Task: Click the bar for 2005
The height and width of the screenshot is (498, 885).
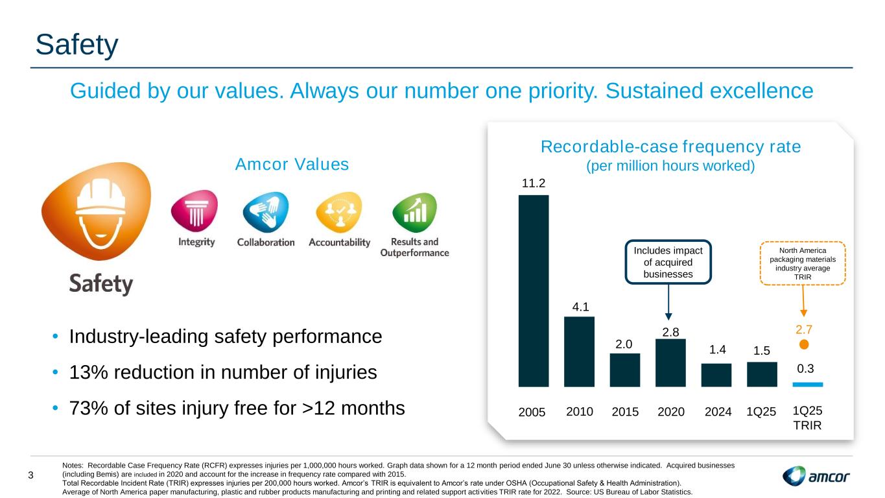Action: [534, 290]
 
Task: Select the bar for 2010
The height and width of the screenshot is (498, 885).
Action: [579, 351]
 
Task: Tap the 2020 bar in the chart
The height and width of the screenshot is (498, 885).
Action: [670, 362]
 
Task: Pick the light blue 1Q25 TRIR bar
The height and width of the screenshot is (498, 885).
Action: [808, 384]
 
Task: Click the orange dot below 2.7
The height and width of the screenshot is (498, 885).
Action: [803, 345]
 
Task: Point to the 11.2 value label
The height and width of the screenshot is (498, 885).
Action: [534, 183]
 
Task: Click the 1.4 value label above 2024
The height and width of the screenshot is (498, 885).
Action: [717, 350]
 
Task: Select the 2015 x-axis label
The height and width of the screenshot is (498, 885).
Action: [625, 412]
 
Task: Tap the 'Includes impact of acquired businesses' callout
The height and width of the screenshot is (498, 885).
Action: [668, 262]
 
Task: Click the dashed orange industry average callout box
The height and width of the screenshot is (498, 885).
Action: [803, 263]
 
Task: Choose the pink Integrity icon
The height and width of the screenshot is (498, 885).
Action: [195, 211]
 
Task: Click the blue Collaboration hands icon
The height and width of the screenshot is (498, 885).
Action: [266, 212]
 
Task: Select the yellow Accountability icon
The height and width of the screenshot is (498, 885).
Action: [339, 212]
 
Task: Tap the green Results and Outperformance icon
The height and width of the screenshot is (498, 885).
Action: [414, 212]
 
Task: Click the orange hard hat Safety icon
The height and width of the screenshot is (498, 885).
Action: [97, 211]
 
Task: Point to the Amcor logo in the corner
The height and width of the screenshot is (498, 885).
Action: [816, 476]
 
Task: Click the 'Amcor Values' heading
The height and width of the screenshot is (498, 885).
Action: [292, 164]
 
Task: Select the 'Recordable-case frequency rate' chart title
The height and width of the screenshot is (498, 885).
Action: [670, 147]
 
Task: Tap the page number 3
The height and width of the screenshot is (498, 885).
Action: [31, 475]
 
